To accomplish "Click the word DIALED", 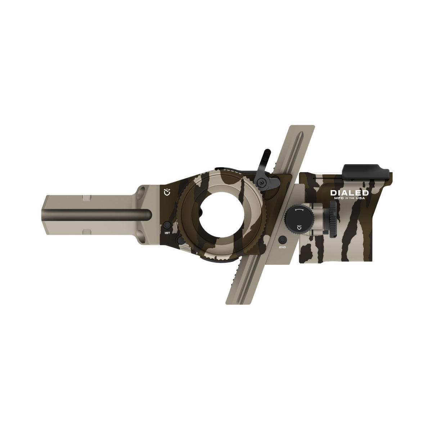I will [x=345, y=193].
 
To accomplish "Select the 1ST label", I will [x=167, y=233].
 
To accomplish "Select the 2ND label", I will [x=283, y=248].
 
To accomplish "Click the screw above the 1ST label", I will [x=167, y=225].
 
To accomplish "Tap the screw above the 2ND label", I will [x=283, y=239].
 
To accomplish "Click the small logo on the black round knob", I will [x=299, y=227].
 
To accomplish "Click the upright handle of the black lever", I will [x=265, y=157].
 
